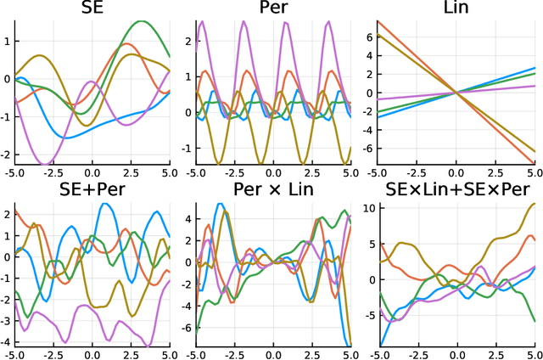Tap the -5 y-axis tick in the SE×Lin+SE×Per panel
[367, 315]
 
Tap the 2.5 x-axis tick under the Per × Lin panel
[311, 352]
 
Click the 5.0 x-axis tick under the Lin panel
[530, 172]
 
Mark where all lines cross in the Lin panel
[456, 93]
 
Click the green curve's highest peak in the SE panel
[142, 22]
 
